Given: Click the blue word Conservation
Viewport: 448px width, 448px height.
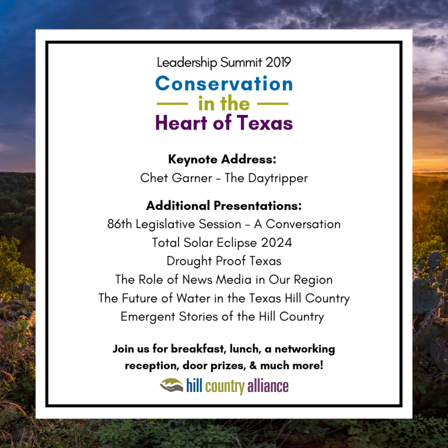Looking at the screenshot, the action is point(224,83).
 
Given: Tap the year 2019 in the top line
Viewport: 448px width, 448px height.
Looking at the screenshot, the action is point(278,62).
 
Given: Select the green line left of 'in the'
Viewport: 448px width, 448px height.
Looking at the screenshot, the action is point(172,104).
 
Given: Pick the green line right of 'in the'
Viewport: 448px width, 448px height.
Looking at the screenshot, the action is point(273,104).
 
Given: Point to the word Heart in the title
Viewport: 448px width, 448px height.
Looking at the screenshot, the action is point(181,123).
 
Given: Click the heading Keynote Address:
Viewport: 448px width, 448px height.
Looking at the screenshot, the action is point(222,159).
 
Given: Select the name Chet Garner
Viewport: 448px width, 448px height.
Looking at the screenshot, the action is point(176,178).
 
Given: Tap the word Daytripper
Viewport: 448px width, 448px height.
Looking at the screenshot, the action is point(278,178).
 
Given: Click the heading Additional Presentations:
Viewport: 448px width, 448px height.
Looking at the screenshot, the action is point(224,205).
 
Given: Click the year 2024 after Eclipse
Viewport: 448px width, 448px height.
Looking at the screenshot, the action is point(276,243).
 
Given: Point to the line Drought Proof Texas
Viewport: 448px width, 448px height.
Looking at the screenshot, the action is point(224,261).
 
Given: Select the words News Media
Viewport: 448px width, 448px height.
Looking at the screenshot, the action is point(216,279).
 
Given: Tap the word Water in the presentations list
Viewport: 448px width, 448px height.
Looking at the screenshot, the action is point(194,298).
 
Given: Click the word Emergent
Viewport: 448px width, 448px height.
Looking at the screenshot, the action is point(148,317).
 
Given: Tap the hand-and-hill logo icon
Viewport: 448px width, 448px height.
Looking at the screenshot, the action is point(171,385).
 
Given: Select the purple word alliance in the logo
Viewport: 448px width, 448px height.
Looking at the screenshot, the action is point(268,386).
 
